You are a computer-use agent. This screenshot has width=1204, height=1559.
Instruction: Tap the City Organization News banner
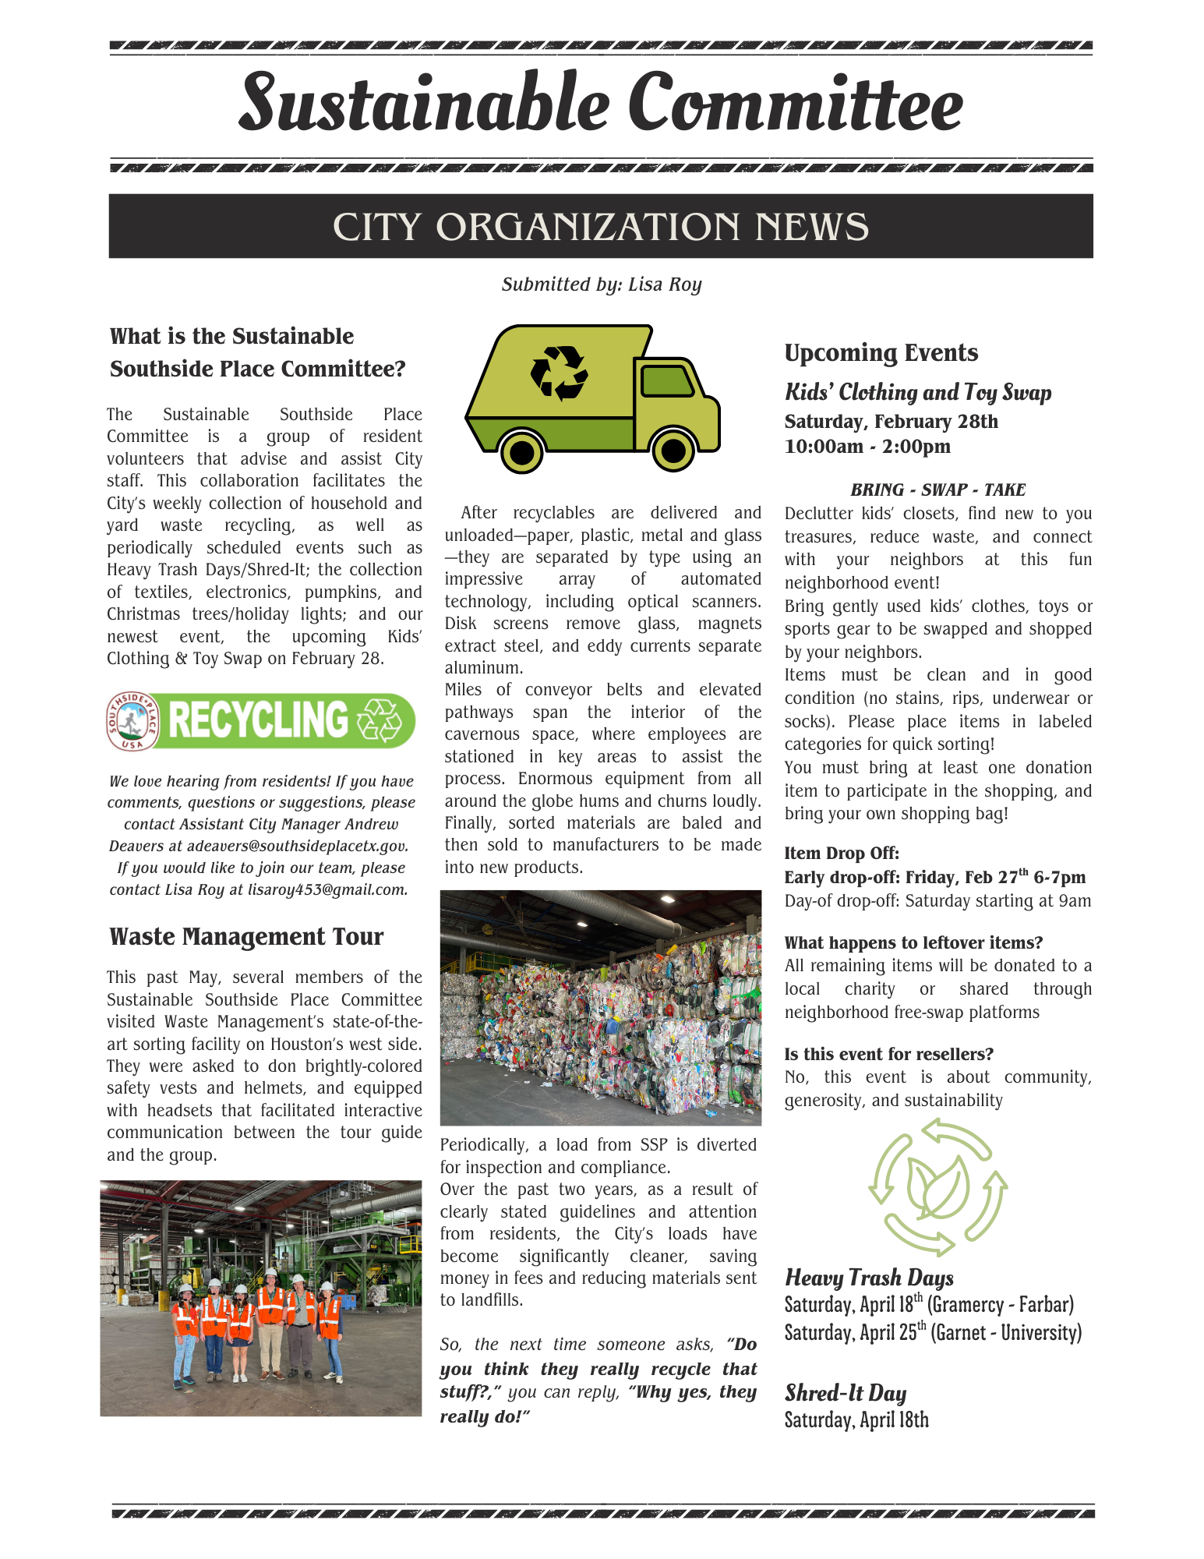pos(601,227)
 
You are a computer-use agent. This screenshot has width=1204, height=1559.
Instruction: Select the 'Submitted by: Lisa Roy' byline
pos(602,285)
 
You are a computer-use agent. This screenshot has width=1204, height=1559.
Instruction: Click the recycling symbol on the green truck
pos(559,373)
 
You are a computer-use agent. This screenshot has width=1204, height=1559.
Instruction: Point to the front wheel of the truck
pos(673,450)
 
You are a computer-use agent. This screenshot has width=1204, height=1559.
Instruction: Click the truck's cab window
pos(666,380)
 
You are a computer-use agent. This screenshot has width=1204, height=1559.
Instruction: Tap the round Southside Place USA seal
pos(132,721)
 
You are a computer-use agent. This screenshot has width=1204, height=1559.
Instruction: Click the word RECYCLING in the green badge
pos(258,720)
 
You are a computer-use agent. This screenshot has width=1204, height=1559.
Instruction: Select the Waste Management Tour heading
pos(246,937)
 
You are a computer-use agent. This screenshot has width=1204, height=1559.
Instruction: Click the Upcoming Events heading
pos(881,353)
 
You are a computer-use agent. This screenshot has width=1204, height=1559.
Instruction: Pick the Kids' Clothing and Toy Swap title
pos(918,392)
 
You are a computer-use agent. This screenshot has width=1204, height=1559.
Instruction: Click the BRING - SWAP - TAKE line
pos(937,490)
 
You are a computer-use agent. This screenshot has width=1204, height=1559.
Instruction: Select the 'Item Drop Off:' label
pos(842,854)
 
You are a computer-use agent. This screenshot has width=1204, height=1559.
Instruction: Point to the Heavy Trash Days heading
pos(869,1278)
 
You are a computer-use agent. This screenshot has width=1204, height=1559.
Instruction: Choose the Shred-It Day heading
pos(846,1393)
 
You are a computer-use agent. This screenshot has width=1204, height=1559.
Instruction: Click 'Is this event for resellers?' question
pos(888,1055)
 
